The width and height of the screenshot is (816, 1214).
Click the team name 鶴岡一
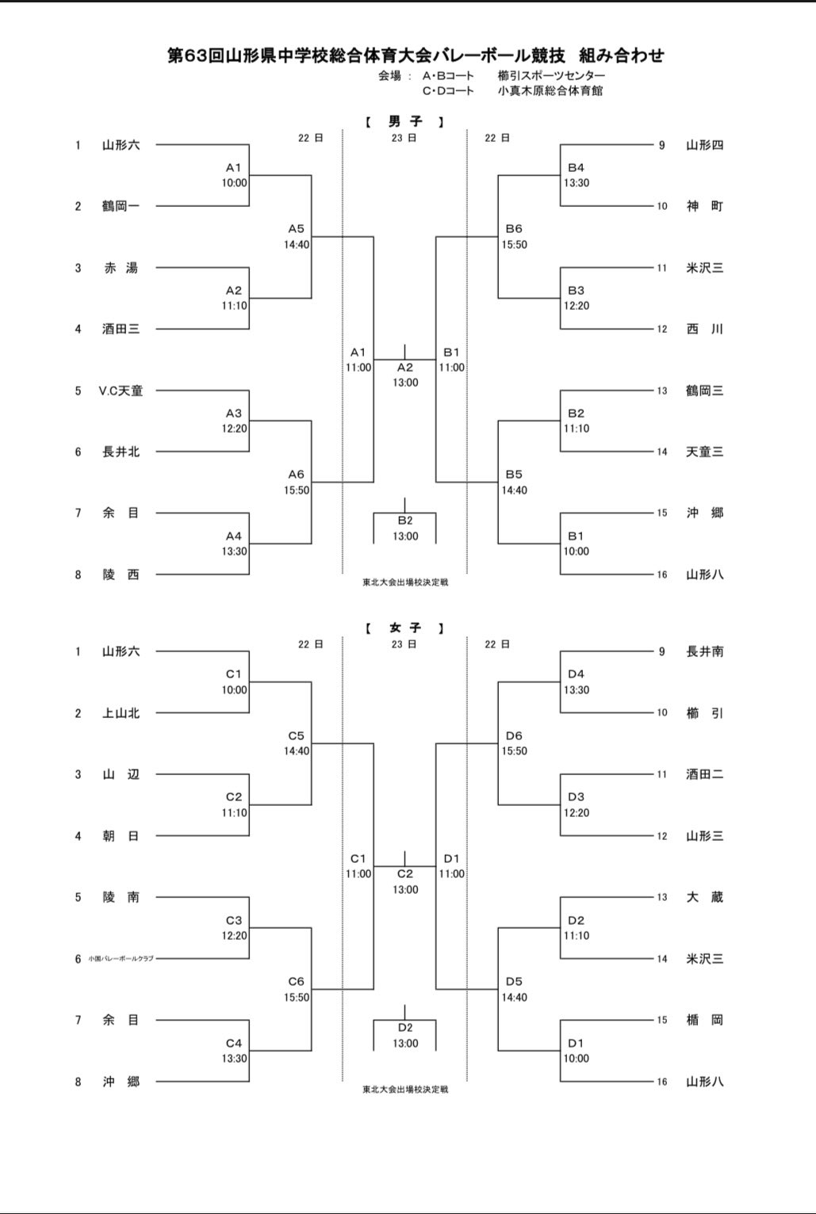(x=121, y=206)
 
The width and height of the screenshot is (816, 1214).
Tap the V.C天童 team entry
(x=121, y=391)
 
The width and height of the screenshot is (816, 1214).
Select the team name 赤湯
(x=121, y=268)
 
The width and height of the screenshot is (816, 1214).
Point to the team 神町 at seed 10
(x=704, y=206)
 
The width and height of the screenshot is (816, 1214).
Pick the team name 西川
(x=704, y=329)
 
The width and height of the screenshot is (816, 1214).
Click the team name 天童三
(x=704, y=452)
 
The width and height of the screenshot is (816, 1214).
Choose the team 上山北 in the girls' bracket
(x=121, y=713)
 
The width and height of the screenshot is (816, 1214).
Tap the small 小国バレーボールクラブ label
(x=121, y=959)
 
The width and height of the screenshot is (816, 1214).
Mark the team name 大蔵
(x=704, y=897)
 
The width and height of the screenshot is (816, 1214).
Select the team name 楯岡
(x=704, y=1020)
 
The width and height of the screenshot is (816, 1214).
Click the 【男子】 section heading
(x=404, y=121)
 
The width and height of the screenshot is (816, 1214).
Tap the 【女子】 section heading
(x=404, y=628)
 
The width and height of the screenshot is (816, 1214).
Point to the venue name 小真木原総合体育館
(x=550, y=90)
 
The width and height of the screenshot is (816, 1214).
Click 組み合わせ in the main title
(x=622, y=55)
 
